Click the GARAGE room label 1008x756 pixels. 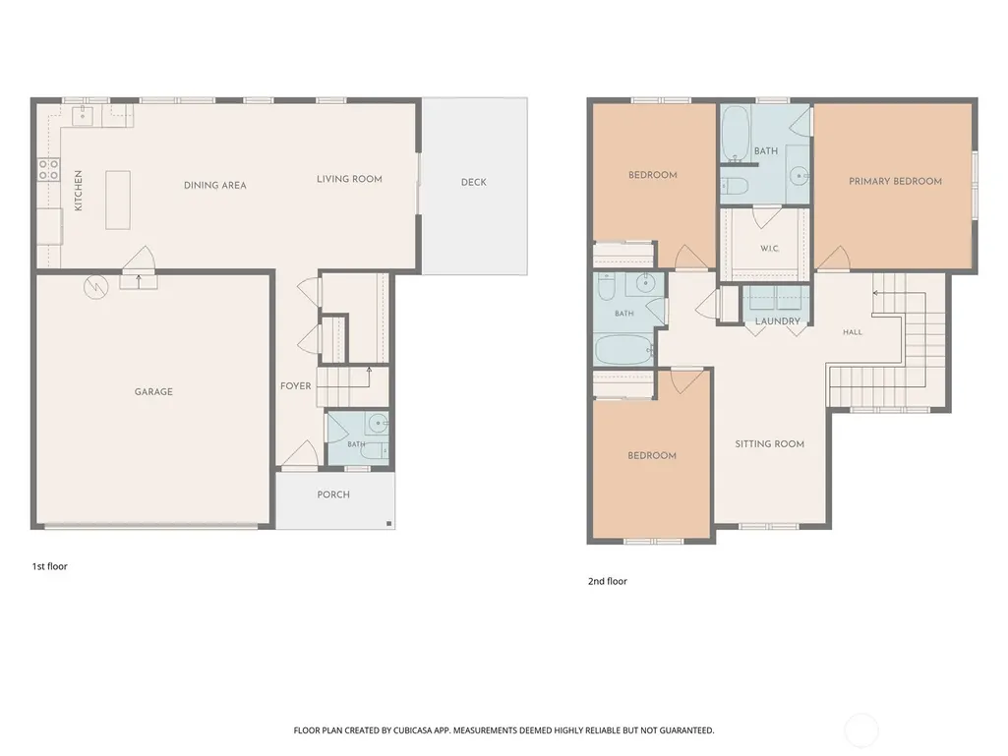tap(153, 391)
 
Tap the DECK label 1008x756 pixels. tap(474, 182)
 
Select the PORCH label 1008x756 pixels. tap(333, 494)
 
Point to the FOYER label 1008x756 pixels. tap(296, 385)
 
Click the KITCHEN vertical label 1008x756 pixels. tap(79, 191)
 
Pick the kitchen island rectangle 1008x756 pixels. tap(118, 200)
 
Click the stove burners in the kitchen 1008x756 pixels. tap(48, 170)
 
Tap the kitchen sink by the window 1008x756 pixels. tap(83, 116)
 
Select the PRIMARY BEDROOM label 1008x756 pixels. tap(896, 181)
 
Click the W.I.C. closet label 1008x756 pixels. tap(769, 248)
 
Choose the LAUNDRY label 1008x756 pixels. tap(778, 320)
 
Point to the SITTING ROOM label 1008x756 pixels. tap(769, 443)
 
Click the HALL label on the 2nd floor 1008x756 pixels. tap(853, 331)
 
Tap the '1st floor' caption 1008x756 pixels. tap(49, 566)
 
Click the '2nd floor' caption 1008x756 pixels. tap(608, 581)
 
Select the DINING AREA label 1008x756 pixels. tap(214, 185)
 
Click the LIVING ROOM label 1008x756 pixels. tap(349, 179)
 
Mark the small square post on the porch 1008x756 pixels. tap(388, 524)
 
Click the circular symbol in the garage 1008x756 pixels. tap(96, 287)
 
